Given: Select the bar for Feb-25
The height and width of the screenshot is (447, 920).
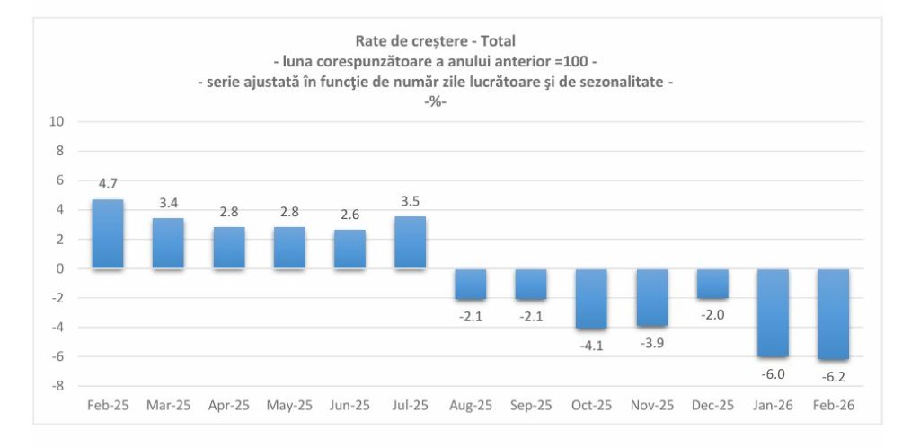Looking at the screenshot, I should [x=108, y=233].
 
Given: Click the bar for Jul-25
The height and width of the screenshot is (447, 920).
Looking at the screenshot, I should [x=410, y=242].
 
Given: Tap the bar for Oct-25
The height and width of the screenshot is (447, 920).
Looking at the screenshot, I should [x=591, y=299].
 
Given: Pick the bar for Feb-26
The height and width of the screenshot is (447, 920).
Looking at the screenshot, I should [x=833, y=314].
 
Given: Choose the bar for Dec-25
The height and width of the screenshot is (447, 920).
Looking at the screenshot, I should [x=712, y=284].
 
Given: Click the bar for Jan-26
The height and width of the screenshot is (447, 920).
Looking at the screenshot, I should [x=773, y=312].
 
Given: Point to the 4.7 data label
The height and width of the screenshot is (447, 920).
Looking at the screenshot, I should [x=108, y=184].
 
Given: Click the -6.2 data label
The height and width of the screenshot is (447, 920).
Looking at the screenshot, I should [x=833, y=376].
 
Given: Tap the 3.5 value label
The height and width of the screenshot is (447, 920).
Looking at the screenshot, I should [x=410, y=201].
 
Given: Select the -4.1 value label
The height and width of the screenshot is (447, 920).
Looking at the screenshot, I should [x=591, y=345].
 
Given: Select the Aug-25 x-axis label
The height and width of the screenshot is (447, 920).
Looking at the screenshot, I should [x=471, y=406].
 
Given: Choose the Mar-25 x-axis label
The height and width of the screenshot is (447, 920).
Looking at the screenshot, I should [x=168, y=406].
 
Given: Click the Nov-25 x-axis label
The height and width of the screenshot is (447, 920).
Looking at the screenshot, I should [x=651, y=406].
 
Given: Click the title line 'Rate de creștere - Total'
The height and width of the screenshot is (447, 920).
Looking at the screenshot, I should [x=436, y=40].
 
